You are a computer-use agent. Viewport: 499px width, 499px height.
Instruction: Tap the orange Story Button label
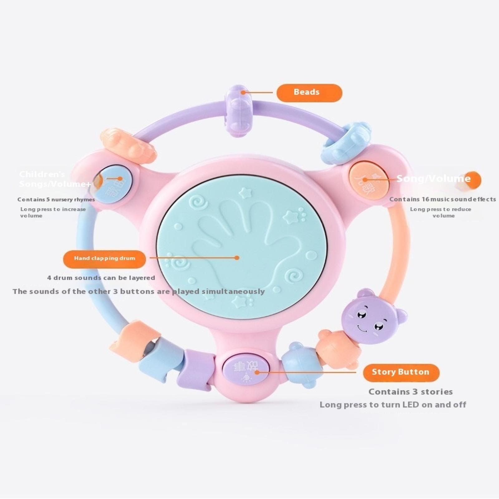pyautogui.click(x=401, y=372)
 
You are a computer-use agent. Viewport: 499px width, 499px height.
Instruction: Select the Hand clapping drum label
pyautogui.click(x=104, y=259)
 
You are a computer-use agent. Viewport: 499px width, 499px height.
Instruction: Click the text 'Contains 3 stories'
pyautogui.click(x=410, y=392)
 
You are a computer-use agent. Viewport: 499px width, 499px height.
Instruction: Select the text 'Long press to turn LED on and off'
pyautogui.click(x=393, y=405)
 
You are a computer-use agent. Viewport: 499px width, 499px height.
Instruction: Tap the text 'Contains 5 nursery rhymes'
pyautogui.click(x=56, y=200)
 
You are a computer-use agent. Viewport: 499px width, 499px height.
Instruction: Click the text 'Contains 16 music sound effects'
pyautogui.click(x=442, y=199)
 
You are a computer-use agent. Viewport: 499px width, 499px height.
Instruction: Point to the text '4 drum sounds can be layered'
pyautogui.click(x=101, y=278)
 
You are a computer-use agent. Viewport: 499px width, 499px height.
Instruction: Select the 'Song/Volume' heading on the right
pyautogui.click(x=434, y=179)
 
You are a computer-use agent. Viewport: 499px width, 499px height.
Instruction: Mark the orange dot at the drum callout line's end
pyautogui.click(x=237, y=258)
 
